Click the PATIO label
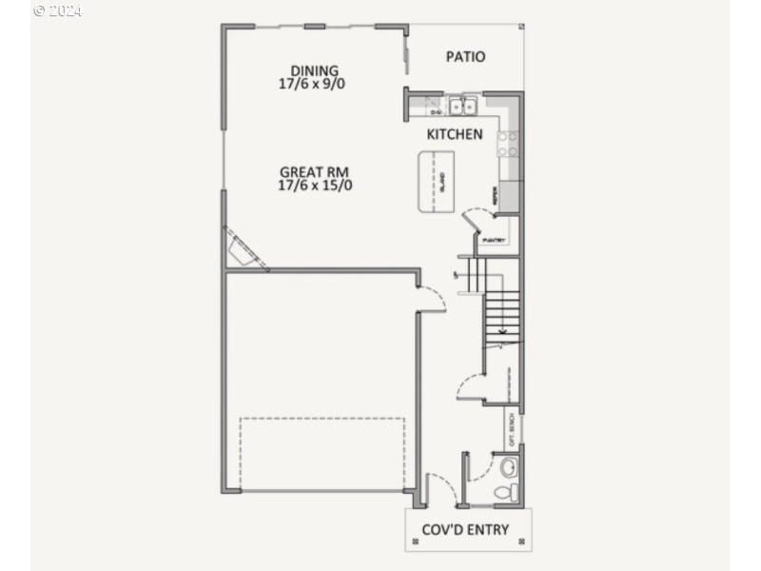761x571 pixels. [465, 57]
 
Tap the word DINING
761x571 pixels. [314, 70]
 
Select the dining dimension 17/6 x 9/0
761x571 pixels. [314, 84]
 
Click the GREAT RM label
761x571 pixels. [314, 172]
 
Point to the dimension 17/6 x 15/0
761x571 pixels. [315, 186]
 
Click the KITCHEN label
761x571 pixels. [454, 134]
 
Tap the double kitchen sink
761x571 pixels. [463, 105]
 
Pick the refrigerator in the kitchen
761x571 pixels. [508, 196]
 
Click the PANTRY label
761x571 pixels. [494, 240]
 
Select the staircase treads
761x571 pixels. [502, 314]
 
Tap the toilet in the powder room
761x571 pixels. [510, 492]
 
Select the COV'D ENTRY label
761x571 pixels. [469, 530]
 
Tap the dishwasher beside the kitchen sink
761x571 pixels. [434, 107]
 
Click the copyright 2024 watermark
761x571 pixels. [58, 10]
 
